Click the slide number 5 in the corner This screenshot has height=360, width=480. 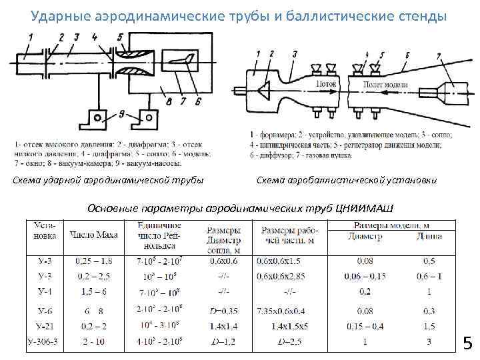point(467,343)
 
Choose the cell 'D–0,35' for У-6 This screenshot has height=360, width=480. point(223,310)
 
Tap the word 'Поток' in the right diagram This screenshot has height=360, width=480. point(327,85)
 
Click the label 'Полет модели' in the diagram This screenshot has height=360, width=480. point(381,85)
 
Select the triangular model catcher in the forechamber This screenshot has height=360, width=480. point(265,88)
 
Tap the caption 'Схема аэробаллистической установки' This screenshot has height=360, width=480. point(346,180)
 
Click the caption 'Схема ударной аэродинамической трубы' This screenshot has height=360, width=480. point(109,180)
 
